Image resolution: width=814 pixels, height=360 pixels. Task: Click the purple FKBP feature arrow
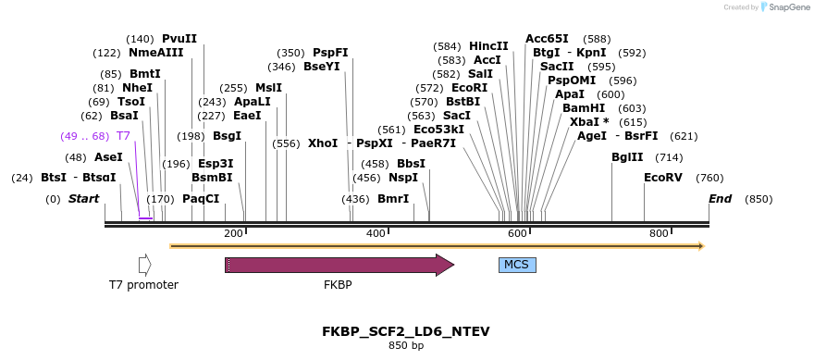tap(339, 265)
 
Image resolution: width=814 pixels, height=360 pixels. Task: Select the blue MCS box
tap(517, 265)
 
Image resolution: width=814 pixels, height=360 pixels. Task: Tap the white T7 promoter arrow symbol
tap(144, 265)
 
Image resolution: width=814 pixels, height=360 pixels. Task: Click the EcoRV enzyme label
tap(662, 178)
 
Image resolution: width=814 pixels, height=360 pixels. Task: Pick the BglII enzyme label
tap(627, 157)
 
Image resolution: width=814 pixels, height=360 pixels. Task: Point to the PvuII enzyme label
tap(179, 39)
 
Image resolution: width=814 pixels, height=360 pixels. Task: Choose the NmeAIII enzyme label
tap(156, 53)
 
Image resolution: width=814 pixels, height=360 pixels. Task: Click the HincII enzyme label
tap(488, 46)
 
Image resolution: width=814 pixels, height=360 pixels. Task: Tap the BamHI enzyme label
tap(584, 108)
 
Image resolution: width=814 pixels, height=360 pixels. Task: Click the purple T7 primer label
tap(123, 136)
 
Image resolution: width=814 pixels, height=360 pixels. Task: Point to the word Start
tap(84, 199)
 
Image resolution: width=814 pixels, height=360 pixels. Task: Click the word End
tap(720, 199)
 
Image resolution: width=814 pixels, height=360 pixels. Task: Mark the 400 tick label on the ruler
tap(376, 233)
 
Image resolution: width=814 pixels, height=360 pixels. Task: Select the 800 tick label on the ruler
tap(659, 233)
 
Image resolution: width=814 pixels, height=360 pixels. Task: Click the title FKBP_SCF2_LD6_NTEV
tap(405, 331)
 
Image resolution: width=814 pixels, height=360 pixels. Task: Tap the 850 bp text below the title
tap(405, 346)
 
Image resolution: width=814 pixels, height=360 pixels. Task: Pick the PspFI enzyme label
tap(330, 53)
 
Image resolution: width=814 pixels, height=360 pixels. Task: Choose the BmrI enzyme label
tap(393, 199)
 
